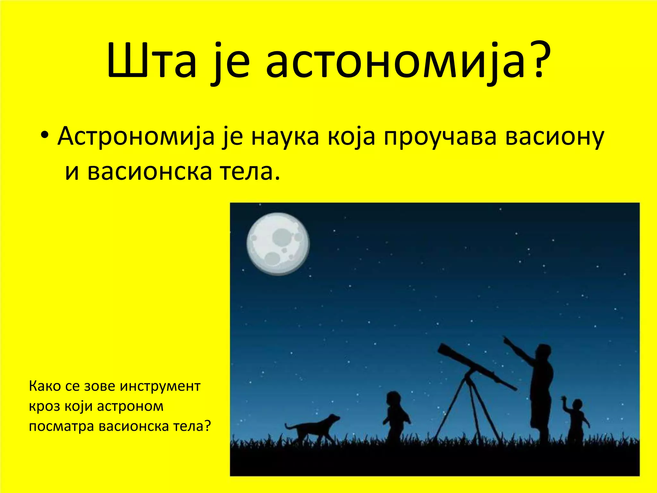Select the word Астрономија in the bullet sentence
(x=136, y=136)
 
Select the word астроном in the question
(x=130, y=406)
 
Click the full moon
(x=278, y=244)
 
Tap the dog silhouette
(x=313, y=427)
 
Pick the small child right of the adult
(x=576, y=420)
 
